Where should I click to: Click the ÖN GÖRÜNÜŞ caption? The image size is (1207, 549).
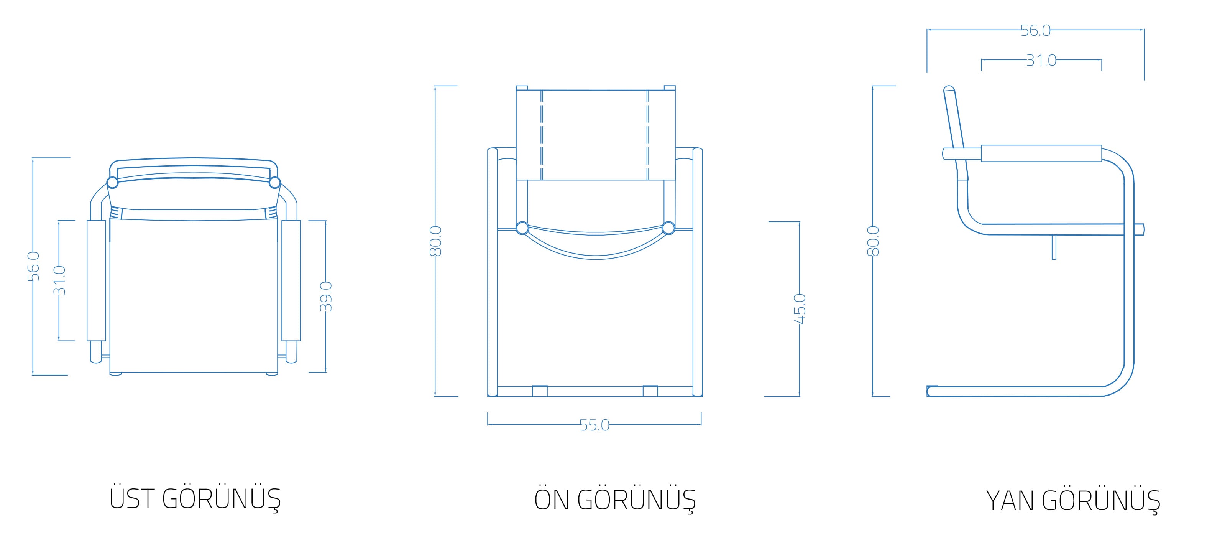(x=615, y=499)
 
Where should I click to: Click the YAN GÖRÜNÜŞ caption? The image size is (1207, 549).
(x=1073, y=500)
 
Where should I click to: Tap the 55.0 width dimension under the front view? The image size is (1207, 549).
(x=594, y=425)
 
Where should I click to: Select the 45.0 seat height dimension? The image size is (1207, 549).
(x=799, y=309)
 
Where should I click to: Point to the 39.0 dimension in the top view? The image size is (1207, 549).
(x=326, y=296)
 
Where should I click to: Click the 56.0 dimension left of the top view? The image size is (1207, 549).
(x=33, y=266)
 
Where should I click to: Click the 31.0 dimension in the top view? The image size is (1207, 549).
(x=59, y=280)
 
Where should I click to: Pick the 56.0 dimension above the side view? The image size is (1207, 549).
(x=1036, y=30)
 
